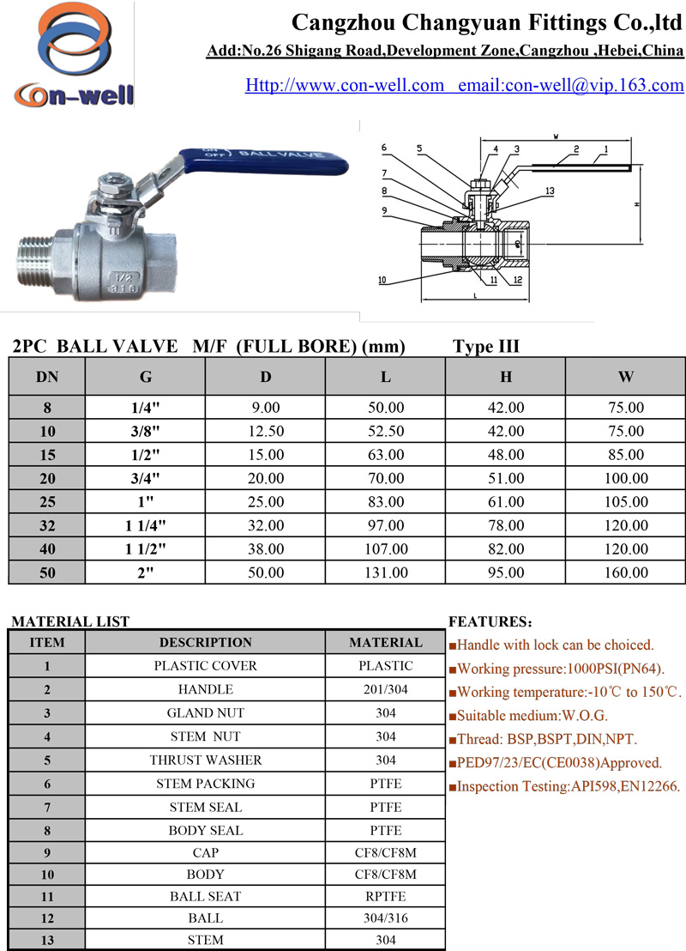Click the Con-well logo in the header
[x=74, y=56]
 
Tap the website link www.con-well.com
[x=344, y=85]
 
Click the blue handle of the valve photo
[x=263, y=161]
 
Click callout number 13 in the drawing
[x=550, y=191]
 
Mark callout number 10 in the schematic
[x=382, y=280]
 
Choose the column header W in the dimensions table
[x=626, y=377]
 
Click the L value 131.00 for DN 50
[x=386, y=572]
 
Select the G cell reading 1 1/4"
[x=146, y=525]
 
